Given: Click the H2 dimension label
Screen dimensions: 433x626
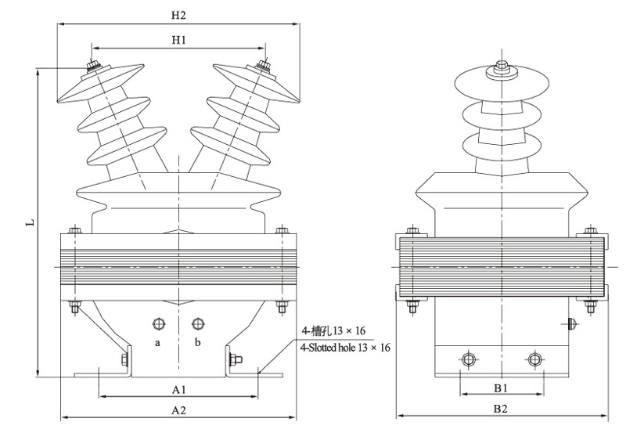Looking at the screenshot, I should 178,15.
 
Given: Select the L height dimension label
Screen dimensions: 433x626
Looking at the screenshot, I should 30,222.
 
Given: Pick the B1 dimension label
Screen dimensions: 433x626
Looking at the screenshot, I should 500,388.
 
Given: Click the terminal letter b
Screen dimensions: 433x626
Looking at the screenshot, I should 197,343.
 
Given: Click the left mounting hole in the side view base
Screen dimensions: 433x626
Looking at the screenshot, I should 468,359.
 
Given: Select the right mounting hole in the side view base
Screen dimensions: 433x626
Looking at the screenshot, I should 534,359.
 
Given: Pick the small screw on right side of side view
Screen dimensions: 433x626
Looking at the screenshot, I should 573,321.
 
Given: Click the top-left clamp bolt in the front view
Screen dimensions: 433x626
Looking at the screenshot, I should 75,232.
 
